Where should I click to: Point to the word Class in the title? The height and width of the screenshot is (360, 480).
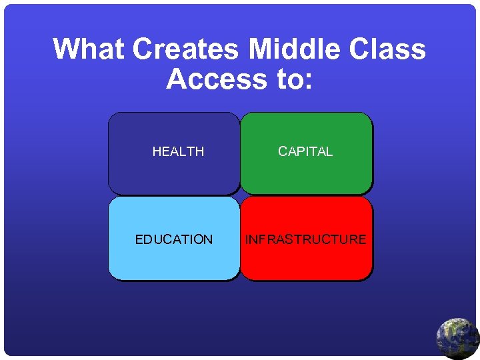pyautogui.click(x=389, y=49)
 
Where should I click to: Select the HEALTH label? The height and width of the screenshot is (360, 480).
pyautogui.click(x=178, y=152)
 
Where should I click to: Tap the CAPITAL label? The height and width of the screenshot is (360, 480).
pyautogui.click(x=305, y=152)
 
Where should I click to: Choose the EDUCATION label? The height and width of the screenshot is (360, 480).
pyautogui.click(x=174, y=240)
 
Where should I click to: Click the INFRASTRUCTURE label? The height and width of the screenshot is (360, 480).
pyautogui.click(x=306, y=240)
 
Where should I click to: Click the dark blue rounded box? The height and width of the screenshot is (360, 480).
pyautogui.click(x=174, y=173)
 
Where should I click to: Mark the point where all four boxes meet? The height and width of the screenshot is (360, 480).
pyautogui.click(x=240, y=195)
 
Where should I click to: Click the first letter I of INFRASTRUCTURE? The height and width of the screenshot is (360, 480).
pyautogui.click(x=247, y=240)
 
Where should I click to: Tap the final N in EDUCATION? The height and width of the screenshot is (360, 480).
pyautogui.click(x=208, y=240)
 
